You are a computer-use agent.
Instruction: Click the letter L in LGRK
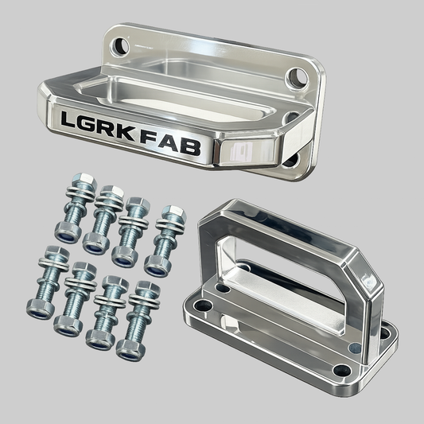[68, 120]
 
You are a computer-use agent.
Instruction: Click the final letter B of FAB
[190, 148]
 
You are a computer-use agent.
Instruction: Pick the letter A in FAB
[169, 142]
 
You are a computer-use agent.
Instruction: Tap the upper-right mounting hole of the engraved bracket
[297, 78]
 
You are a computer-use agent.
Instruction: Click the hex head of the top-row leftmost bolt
[85, 181]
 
